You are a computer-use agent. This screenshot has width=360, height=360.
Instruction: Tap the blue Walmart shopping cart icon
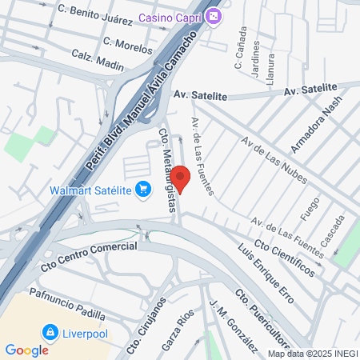point(143,190)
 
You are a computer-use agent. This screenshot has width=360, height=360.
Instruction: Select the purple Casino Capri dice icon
point(214,18)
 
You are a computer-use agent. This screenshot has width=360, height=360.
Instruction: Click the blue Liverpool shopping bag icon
point(50,331)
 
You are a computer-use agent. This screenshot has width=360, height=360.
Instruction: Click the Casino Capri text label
point(171,18)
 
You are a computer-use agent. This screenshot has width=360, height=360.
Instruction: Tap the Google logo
point(26,350)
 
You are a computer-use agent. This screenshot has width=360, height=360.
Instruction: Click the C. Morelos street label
point(128,44)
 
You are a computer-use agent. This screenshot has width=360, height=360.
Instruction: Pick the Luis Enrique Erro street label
point(266,274)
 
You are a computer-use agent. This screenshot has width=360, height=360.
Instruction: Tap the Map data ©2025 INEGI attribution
point(313,353)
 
